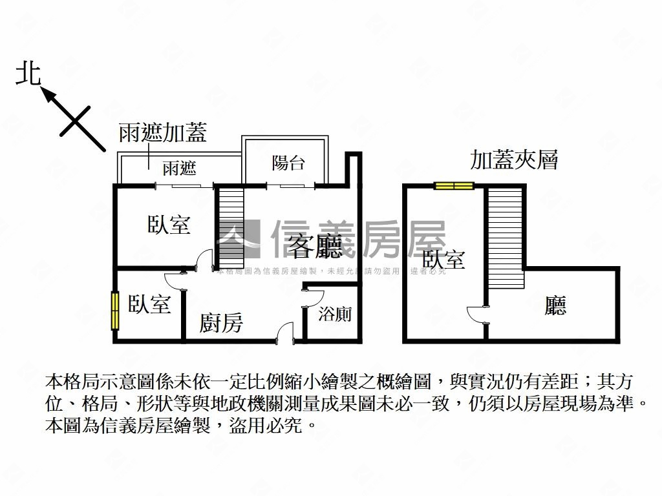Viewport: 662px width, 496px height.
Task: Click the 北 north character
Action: [28, 73]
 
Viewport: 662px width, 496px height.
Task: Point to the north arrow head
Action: [47, 94]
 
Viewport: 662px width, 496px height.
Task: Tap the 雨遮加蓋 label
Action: [162, 133]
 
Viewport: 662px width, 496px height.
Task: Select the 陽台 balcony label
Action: [288, 163]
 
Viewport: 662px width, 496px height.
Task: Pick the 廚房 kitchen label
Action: [221, 322]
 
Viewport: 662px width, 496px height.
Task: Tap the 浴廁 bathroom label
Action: [335, 315]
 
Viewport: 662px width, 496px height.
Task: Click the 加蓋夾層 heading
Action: [514, 160]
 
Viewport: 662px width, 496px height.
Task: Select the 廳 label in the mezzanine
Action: [555, 305]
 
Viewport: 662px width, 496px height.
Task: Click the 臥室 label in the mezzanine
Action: [443, 260]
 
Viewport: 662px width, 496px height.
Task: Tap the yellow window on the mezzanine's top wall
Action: [454, 186]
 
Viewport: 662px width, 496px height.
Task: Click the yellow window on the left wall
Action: [115, 311]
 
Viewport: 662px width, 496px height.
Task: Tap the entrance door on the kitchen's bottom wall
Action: [283, 333]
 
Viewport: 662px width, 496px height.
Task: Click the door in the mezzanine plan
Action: [477, 316]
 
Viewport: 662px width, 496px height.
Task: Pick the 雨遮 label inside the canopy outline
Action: [179, 169]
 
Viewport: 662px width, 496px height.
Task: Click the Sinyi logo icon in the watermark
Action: [237, 240]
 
